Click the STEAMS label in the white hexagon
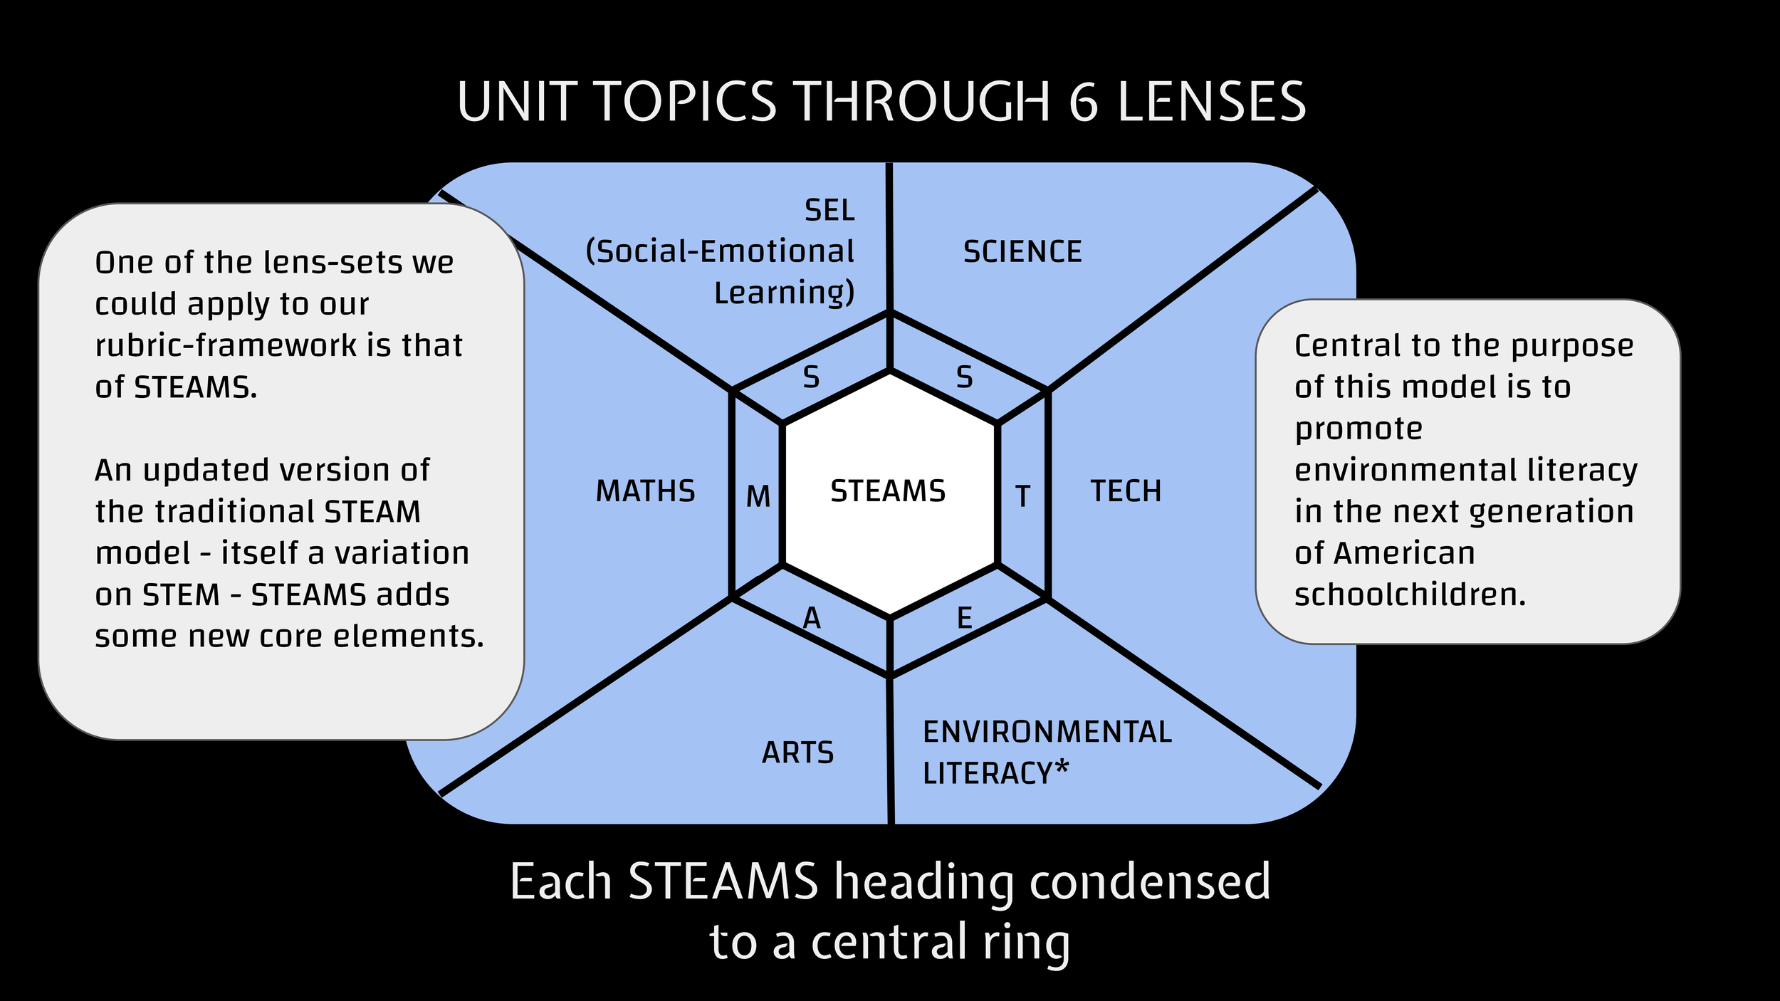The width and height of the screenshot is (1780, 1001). (888, 491)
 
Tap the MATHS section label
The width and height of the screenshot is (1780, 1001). (645, 491)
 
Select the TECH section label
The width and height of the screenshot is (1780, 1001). (1126, 491)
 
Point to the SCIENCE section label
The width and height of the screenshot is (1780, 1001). (1022, 252)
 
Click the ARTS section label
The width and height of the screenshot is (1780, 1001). (797, 753)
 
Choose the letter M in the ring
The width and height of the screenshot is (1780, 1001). (758, 496)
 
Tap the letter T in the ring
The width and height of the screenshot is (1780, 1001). (1022, 496)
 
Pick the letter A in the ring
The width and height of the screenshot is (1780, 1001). (812, 619)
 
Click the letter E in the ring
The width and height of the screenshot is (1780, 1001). (964, 617)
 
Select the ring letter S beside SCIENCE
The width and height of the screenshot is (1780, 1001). (964, 377)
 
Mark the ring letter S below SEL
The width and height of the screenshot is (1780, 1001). (811, 377)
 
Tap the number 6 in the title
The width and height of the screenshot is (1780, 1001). (1084, 102)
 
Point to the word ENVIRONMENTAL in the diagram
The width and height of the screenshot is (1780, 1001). (1047, 732)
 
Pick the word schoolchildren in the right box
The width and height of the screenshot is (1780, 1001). (1410, 594)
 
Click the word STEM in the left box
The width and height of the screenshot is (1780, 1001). (182, 595)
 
